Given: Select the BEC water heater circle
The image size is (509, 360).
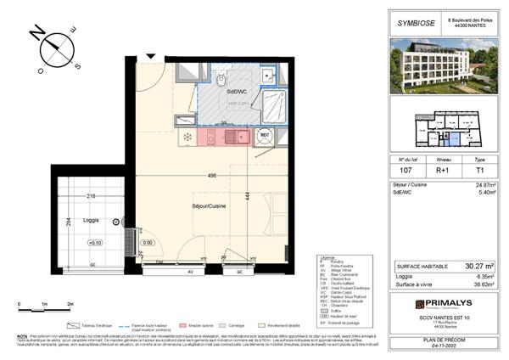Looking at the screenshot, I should coord(264,134).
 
